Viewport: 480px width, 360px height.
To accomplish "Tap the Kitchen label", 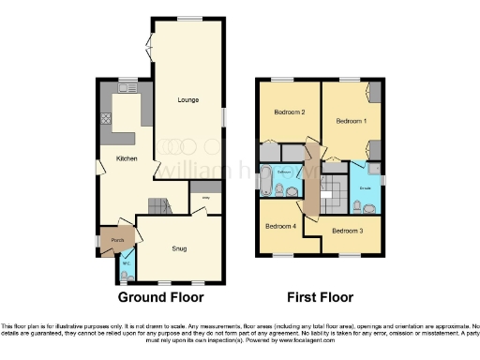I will tap(127, 158).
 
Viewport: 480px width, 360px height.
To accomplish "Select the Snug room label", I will tap(178, 248).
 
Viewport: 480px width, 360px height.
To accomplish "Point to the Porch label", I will tap(117, 241).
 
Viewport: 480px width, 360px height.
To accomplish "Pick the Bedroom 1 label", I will tap(352, 120).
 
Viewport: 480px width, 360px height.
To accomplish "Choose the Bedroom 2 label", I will tap(289, 112).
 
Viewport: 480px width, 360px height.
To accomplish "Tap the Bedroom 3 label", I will tap(347, 230).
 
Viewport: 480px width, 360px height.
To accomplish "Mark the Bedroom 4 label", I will tap(279, 226).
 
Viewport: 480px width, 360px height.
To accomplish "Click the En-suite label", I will tap(365, 187).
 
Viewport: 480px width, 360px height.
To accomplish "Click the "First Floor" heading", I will tap(320, 297).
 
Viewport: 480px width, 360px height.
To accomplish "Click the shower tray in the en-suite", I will tap(362, 172).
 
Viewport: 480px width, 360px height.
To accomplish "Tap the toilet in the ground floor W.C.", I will tap(127, 273).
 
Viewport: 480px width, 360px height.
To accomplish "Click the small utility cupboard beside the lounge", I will tap(204, 199).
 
